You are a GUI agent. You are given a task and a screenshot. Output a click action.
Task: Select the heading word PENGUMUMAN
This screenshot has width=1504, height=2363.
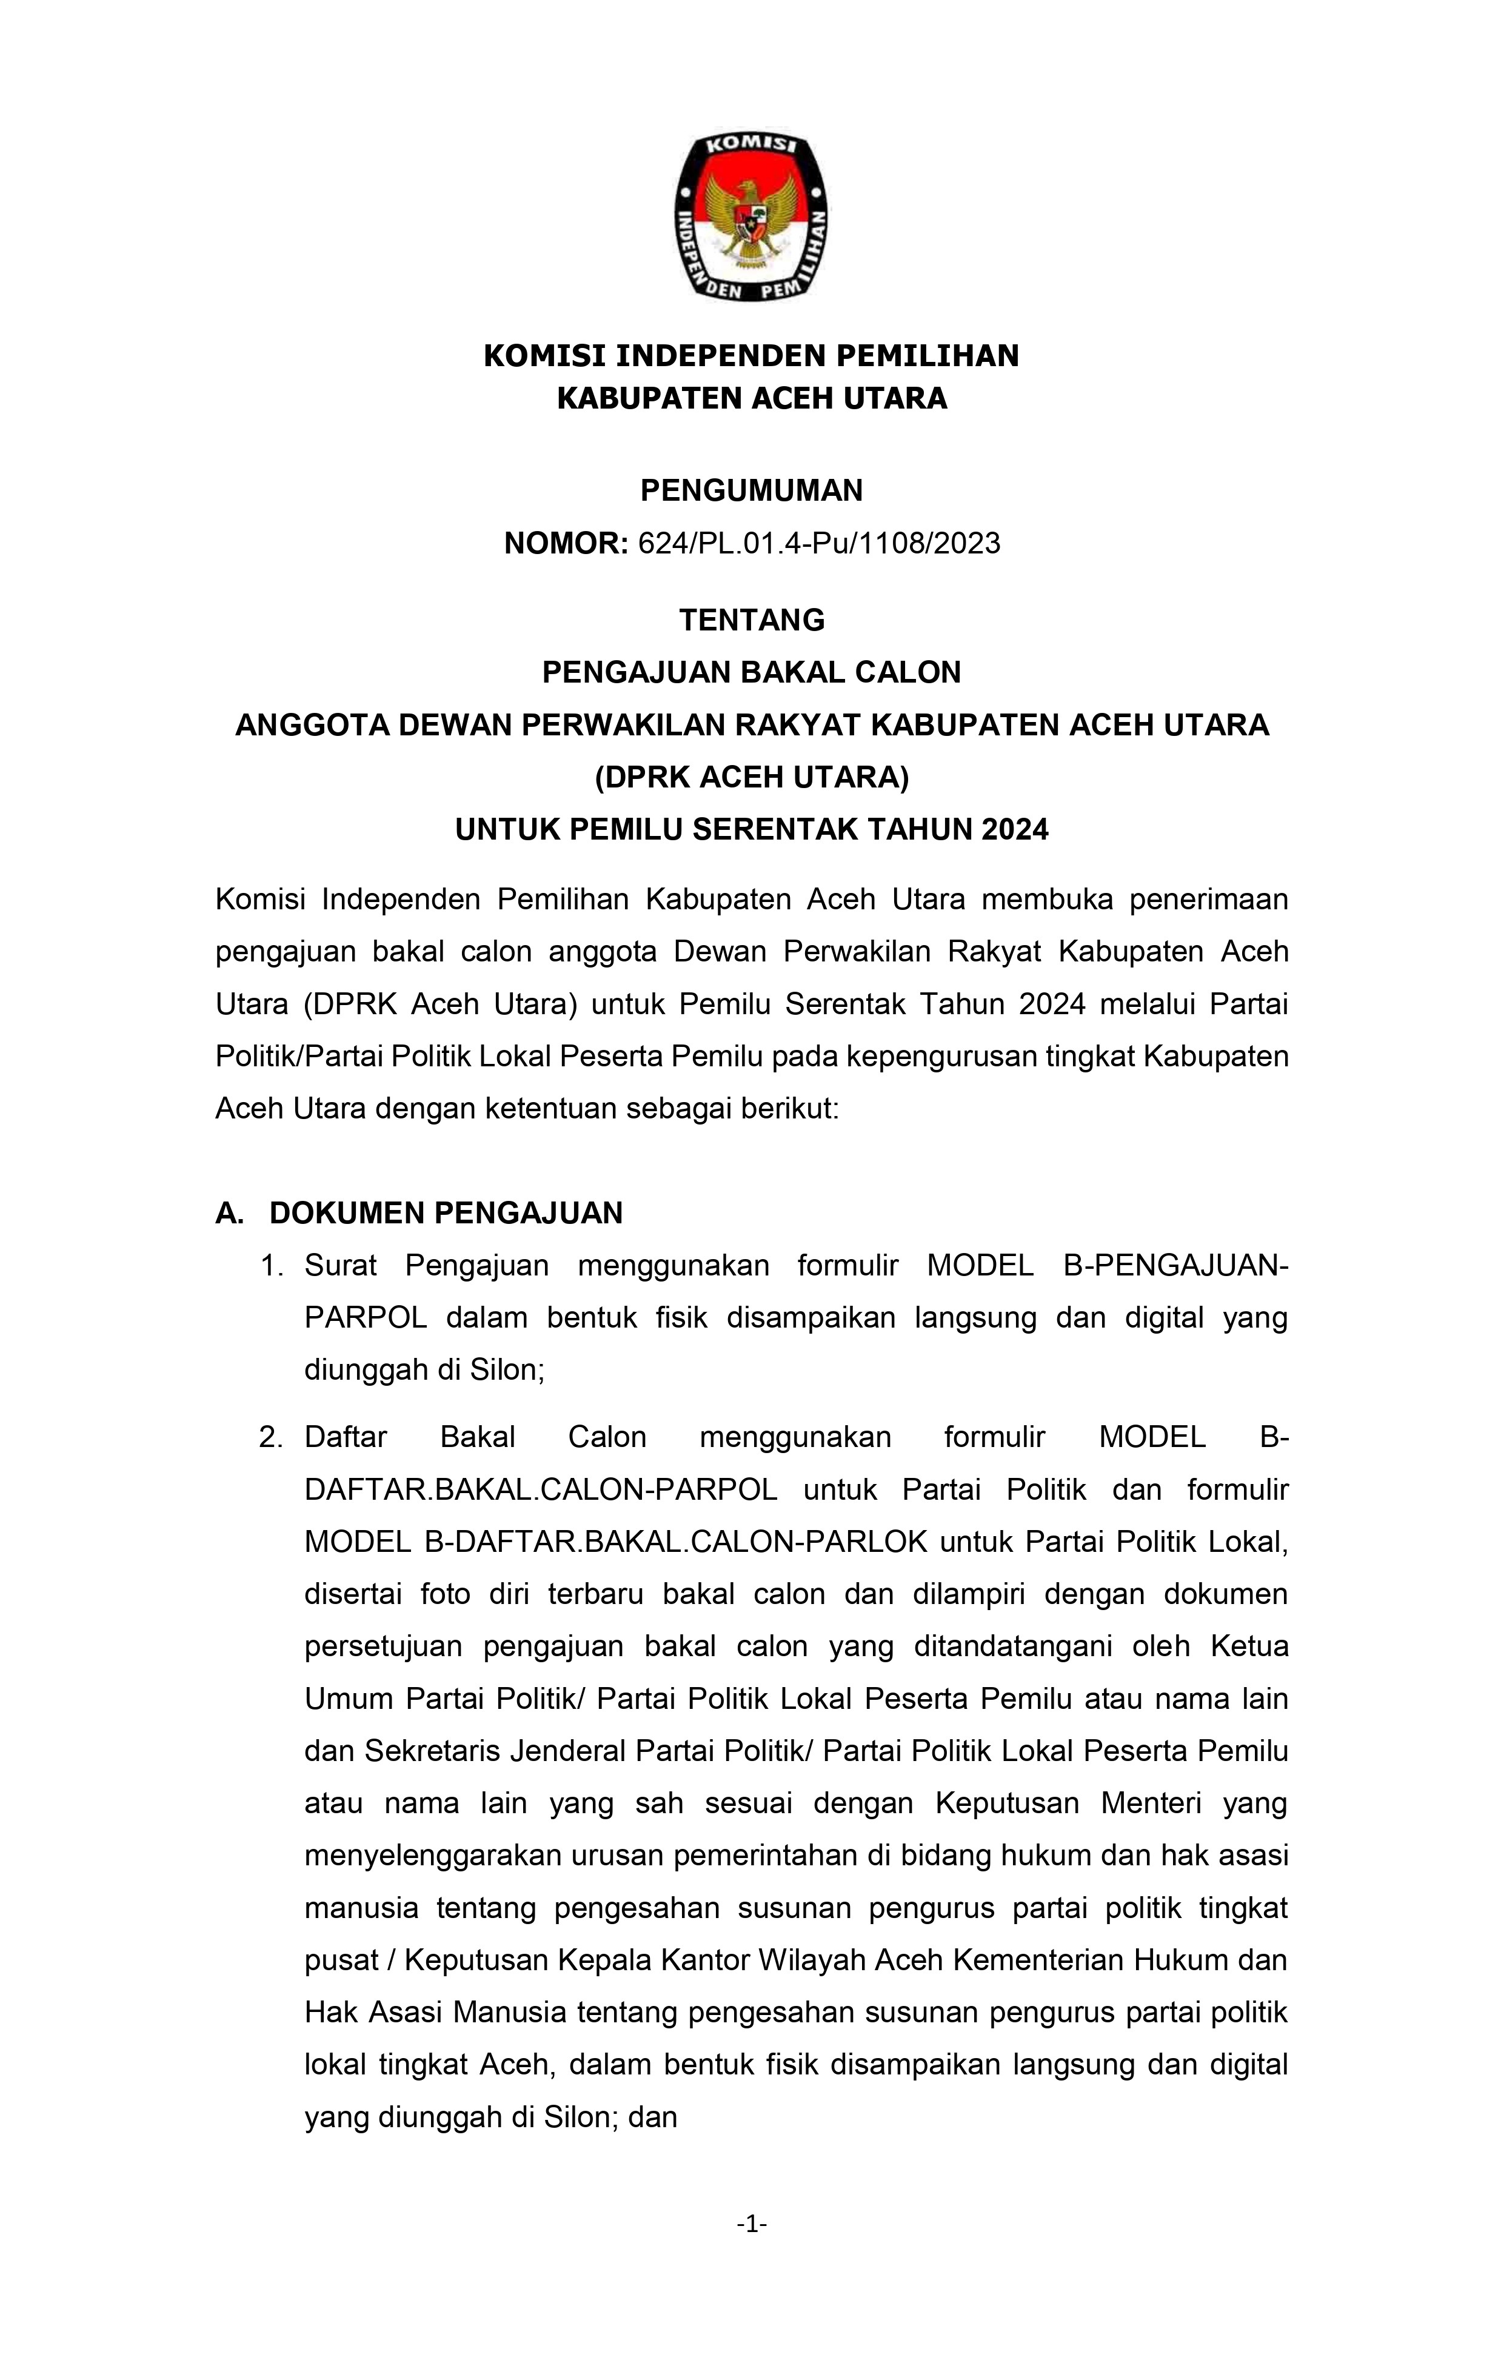coord(752,490)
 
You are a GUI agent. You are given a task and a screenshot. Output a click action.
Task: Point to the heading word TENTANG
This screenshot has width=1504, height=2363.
coord(752,620)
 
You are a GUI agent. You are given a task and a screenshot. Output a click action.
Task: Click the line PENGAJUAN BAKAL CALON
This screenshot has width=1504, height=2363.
coord(752,672)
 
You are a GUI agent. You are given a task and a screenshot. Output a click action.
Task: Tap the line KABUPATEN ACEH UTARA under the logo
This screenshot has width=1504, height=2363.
coord(752,398)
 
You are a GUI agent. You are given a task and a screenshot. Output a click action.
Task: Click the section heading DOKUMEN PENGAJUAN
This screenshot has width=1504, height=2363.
coord(446,1214)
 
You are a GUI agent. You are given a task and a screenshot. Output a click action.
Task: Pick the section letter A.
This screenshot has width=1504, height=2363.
coord(229,1214)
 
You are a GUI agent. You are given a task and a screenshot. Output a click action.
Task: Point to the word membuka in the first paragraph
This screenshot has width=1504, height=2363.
coord(1048,900)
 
